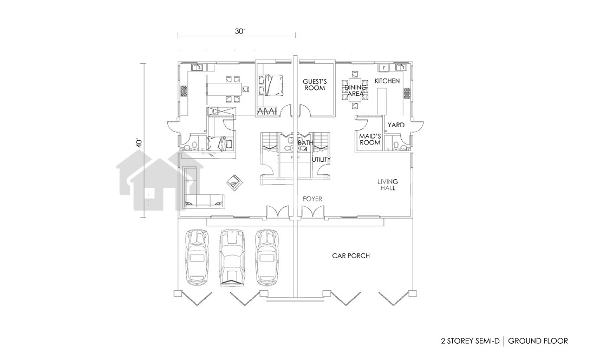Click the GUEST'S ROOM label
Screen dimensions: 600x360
click(315, 85)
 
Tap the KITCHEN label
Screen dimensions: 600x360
click(387, 81)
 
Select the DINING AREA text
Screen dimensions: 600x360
click(355, 90)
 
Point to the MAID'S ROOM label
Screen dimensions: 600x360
click(370, 139)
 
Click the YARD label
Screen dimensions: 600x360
click(396, 125)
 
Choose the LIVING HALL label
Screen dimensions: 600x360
click(388, 185)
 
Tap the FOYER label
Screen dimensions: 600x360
click(312, 199)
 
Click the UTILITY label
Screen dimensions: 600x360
click(322, 160)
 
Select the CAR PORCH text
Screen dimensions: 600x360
click(351, 256)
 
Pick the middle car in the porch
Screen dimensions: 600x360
click(232, 258)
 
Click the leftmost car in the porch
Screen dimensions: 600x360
click(198, 258)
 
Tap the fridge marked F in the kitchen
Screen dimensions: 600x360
click(384, 68)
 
